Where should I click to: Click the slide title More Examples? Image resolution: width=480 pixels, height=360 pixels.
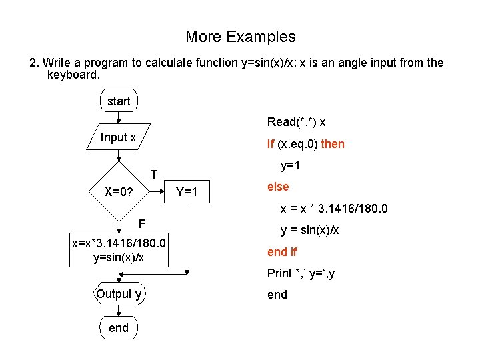tap(240, 37)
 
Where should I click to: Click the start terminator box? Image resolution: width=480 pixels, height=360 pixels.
tap(119, 101)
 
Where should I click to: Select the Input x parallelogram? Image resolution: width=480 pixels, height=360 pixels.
tap(119, 138)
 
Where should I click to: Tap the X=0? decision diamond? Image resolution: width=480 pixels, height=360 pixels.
tap(119, 192)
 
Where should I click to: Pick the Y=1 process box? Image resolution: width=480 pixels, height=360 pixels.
tap(186, 192)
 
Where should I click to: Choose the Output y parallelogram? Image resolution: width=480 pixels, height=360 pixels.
tap(119, 294)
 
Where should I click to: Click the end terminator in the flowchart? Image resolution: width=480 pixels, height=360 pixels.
tap(119, 327)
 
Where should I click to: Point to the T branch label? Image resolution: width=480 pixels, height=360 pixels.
tap(153, 175)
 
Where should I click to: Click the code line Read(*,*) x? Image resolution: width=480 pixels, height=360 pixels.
tap(297, 122)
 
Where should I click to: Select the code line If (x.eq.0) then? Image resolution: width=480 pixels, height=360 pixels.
tap(306, 144)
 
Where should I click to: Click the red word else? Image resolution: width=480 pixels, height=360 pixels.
tap(278, 187)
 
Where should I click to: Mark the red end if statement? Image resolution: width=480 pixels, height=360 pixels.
tap(282, 251)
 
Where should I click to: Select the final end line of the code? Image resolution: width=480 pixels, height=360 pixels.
tap(277, 295)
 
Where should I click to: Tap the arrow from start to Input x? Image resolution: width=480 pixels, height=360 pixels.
tap(119, 118)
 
